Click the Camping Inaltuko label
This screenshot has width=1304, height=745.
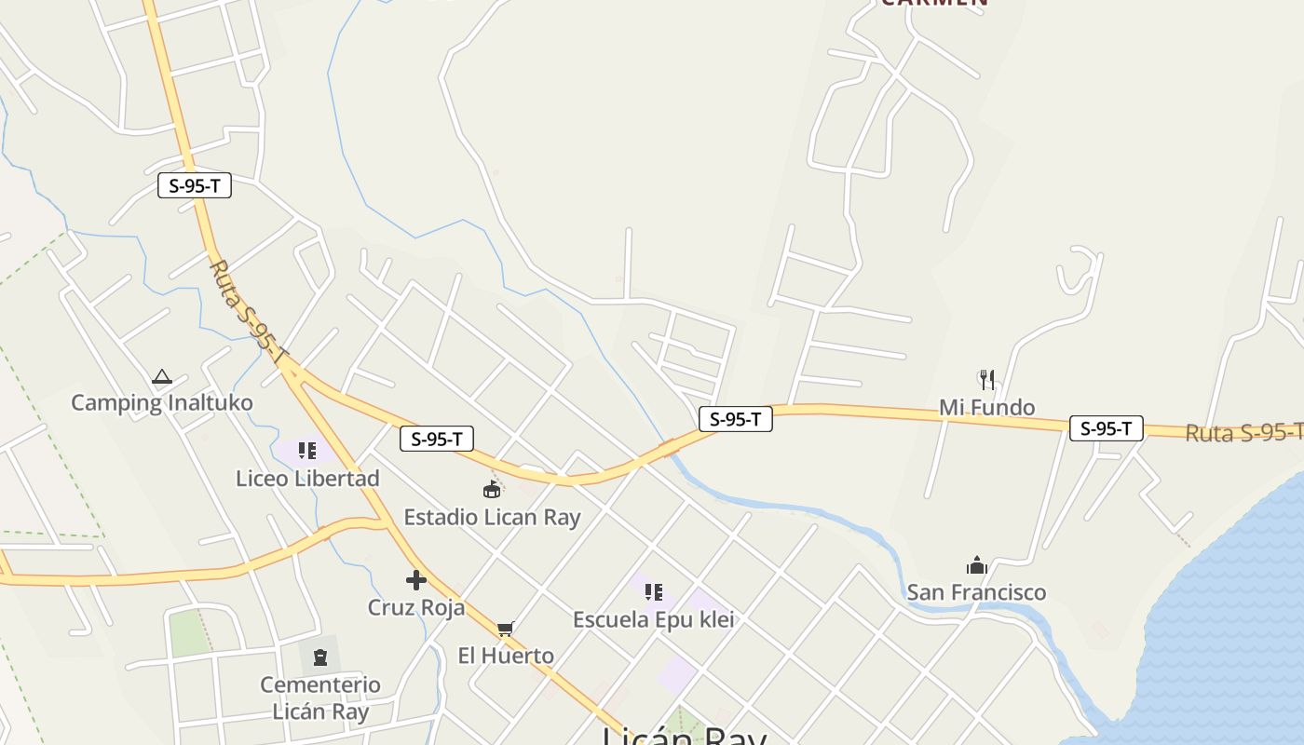162,403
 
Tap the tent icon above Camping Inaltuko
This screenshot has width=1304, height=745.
162,377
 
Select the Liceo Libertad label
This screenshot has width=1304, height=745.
307,479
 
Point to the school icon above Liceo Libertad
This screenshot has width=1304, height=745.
307,452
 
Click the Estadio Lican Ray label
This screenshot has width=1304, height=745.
492,517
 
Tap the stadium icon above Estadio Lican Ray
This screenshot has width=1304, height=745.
492,489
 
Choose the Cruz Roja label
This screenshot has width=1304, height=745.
416,607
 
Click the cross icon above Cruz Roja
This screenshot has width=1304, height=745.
416,580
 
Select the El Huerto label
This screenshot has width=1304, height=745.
506,656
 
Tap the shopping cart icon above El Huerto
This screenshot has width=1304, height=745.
505,630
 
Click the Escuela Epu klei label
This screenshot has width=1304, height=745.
654,619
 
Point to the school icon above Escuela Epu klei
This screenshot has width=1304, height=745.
654,592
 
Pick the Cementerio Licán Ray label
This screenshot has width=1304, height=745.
320,698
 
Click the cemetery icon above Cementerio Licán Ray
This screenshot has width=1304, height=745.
320,657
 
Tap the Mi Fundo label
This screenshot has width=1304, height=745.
986,407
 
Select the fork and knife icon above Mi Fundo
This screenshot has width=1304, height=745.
987,379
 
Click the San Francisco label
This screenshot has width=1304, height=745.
976,592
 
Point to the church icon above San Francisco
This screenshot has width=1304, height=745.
976,564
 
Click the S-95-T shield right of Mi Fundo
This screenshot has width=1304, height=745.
1106,428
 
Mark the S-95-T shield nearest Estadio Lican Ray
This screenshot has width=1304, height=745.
437,439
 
